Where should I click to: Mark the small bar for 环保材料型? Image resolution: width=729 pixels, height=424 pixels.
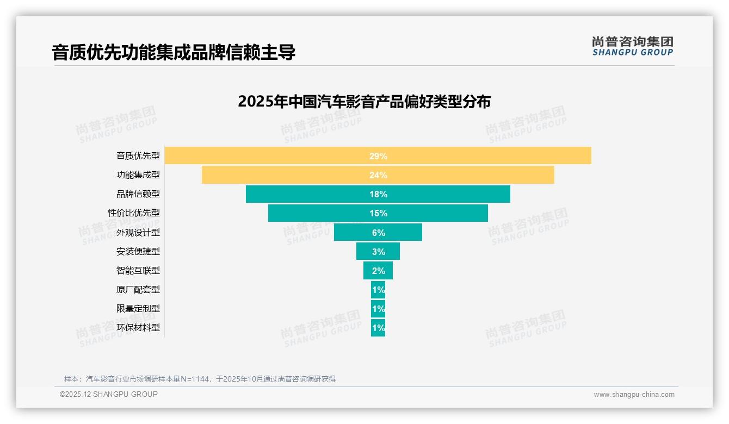point(378,328)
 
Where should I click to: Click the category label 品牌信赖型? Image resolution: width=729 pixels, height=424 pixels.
point(138,194)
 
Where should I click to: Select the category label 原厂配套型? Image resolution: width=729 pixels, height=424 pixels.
point(138,290)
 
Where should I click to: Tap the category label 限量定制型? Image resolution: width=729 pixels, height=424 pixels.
point(138,309)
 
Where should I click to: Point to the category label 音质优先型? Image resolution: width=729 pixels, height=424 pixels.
point(138,156)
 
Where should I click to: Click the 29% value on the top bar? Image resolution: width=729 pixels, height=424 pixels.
point(378,156)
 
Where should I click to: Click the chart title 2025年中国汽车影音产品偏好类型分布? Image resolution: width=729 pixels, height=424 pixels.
point(364,102)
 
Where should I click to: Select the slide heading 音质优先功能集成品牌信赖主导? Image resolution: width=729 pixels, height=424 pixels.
point(174,52)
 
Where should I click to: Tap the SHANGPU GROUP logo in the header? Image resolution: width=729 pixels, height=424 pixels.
point(632,46)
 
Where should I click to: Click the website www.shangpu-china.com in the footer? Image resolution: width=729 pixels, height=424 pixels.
point(634,395)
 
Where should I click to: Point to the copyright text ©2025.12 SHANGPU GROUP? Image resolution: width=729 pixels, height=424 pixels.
point(109,394)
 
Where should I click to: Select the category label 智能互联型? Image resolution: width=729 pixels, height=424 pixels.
point(138,270)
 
